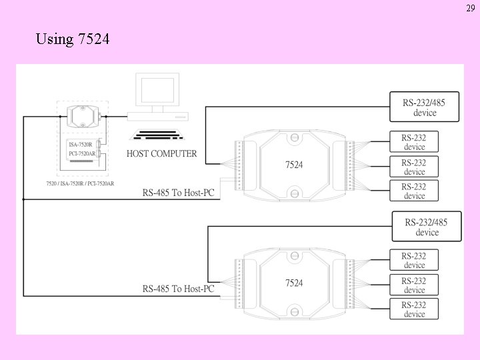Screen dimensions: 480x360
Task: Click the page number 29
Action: coord(471,8)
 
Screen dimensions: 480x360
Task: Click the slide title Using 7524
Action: coord(73,39)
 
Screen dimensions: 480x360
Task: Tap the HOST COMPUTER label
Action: coord(161,153)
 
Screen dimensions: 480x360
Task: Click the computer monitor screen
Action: coord(157,90)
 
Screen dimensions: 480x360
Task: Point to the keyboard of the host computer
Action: coord(157,135)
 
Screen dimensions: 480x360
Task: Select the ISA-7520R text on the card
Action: coord(81,145)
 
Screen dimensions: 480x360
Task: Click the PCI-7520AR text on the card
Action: coord(82,153)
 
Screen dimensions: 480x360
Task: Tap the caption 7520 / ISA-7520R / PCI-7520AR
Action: coord(80,183)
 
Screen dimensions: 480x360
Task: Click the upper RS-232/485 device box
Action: coord(424,107)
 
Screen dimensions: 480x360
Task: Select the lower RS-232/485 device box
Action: coord(427,227)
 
